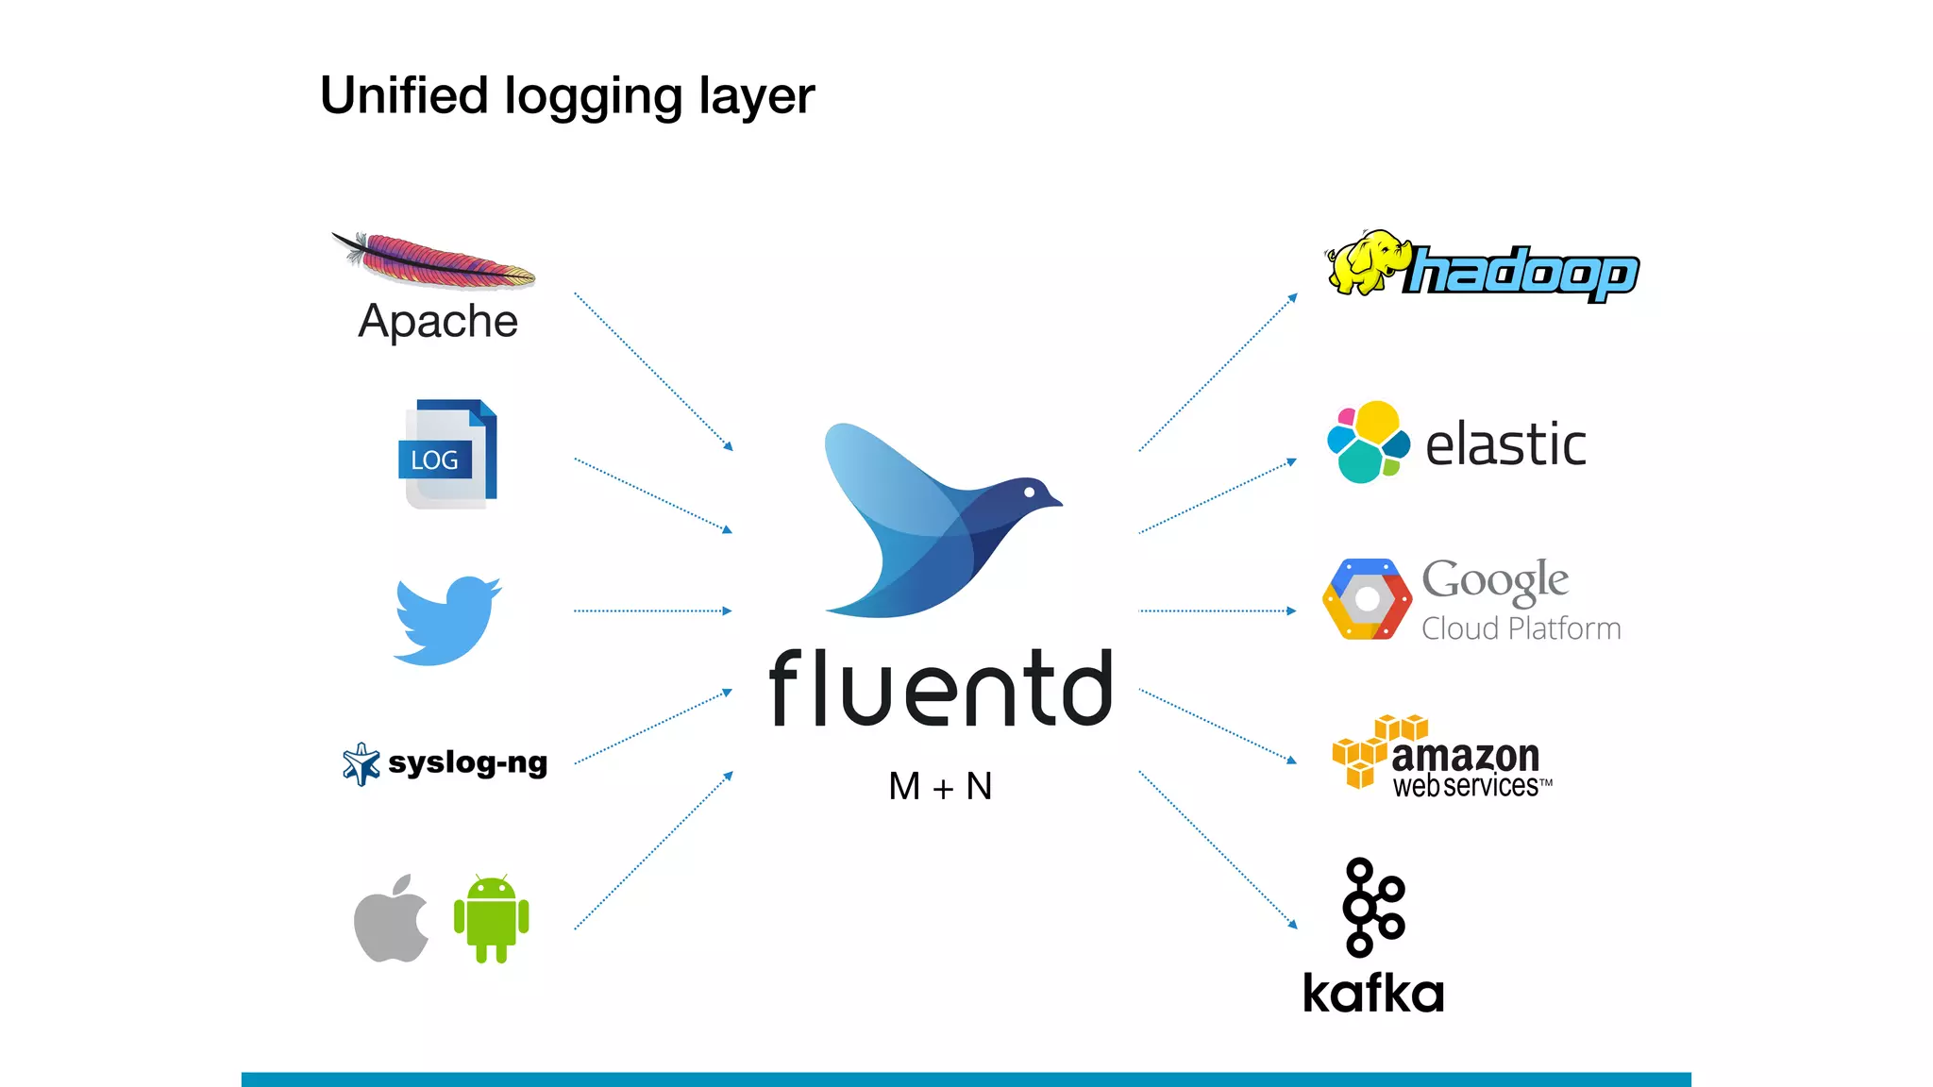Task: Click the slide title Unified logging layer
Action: tap(566, 96)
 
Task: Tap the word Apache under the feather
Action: tap(438, 322)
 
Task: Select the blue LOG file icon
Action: tap(447, 455)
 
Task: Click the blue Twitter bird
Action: tap(446, 621)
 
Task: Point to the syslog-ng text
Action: tap(467, 762)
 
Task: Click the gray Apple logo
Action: tap(391, 919)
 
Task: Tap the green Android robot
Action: tap(491, 920)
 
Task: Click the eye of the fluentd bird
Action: tap(1029, 492)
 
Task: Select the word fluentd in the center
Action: tap(941, 689)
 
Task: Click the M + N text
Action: tap(940, 786)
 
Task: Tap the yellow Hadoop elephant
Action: tap(1365, 262)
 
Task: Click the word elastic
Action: tap(1505, 444)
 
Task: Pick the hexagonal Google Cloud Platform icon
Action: tap(1367, 599)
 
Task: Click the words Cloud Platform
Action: tap(1521, 628)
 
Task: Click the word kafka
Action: tap(1373, 994)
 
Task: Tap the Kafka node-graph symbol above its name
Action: tap(1372, 907)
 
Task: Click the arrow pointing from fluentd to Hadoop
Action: tap(1218, 373)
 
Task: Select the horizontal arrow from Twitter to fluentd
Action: tap(651, 611)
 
